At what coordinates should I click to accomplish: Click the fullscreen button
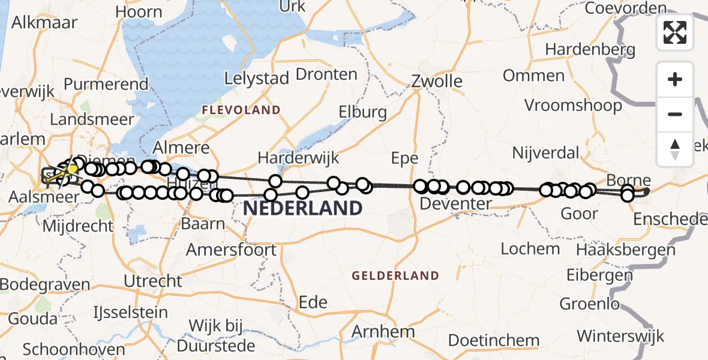(x=675, y=32)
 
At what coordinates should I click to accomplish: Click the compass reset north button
(x=675, y=149)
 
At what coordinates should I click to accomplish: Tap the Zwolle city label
(x=437, y=81)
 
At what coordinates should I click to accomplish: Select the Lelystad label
(x=257, y=78)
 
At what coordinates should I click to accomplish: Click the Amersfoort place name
(x=232, y=250)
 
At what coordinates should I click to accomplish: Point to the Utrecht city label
(x=152, y=281)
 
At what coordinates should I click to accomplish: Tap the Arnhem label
(x=383, y=331)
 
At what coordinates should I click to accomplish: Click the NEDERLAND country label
(x=302, y=209)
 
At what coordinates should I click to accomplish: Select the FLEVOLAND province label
(x=241, y=110)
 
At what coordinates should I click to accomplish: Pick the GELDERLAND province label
(x=395, y=276)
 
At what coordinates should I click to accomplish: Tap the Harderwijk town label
(x=298, y=158)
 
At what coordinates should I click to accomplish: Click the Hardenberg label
(x=590, y=49)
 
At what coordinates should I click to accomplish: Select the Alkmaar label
(x=44, y=23)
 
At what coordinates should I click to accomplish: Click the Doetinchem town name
(x=494, y=341)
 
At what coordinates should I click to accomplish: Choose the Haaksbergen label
(x=626, y=250)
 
